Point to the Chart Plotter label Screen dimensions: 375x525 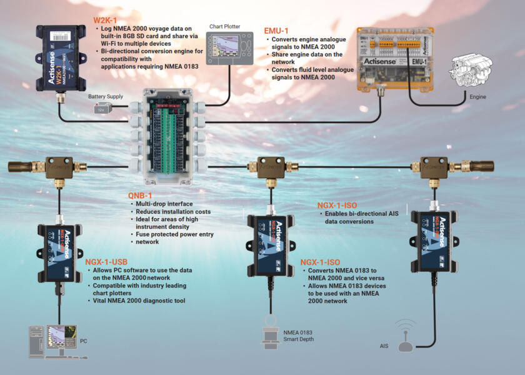click(x=225, y=26)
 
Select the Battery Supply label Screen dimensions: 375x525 click(x=106, y=97)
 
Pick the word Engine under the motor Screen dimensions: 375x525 click(x=478, y=97)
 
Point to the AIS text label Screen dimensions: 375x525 click(x=384, y=346)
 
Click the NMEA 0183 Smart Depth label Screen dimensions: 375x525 click(x=298, y=336)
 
